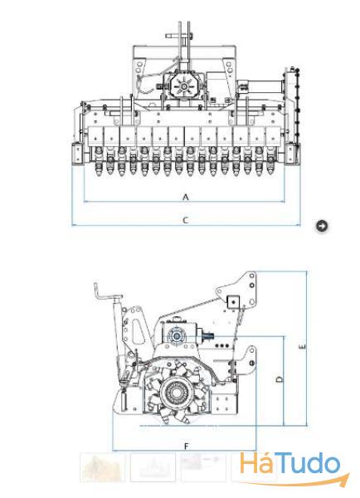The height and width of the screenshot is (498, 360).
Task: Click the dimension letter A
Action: [186, 198]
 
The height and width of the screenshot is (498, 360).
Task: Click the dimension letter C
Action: [186, 220]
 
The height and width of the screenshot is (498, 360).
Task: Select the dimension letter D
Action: [280, 379]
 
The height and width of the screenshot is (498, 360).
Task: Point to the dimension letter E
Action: [303, 347]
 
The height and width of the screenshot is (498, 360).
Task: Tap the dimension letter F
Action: [187, 447]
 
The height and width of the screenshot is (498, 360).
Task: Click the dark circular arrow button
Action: [322, 226]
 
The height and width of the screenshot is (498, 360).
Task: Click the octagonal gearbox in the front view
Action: [184, 85]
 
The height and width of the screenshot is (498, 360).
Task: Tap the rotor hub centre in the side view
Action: [177, 393]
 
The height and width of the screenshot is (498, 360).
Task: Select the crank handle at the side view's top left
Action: [106, 295]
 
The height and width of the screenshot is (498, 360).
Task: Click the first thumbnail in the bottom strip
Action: [103, 467]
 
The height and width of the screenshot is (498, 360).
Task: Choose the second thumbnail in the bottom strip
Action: [153, 467]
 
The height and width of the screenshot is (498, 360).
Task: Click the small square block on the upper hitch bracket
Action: [233, 301]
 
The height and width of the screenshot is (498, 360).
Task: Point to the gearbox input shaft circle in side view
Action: [177, 336]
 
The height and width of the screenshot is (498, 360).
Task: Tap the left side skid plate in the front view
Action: [78, 154]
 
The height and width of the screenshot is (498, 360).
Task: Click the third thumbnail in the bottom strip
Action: [203, 467]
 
